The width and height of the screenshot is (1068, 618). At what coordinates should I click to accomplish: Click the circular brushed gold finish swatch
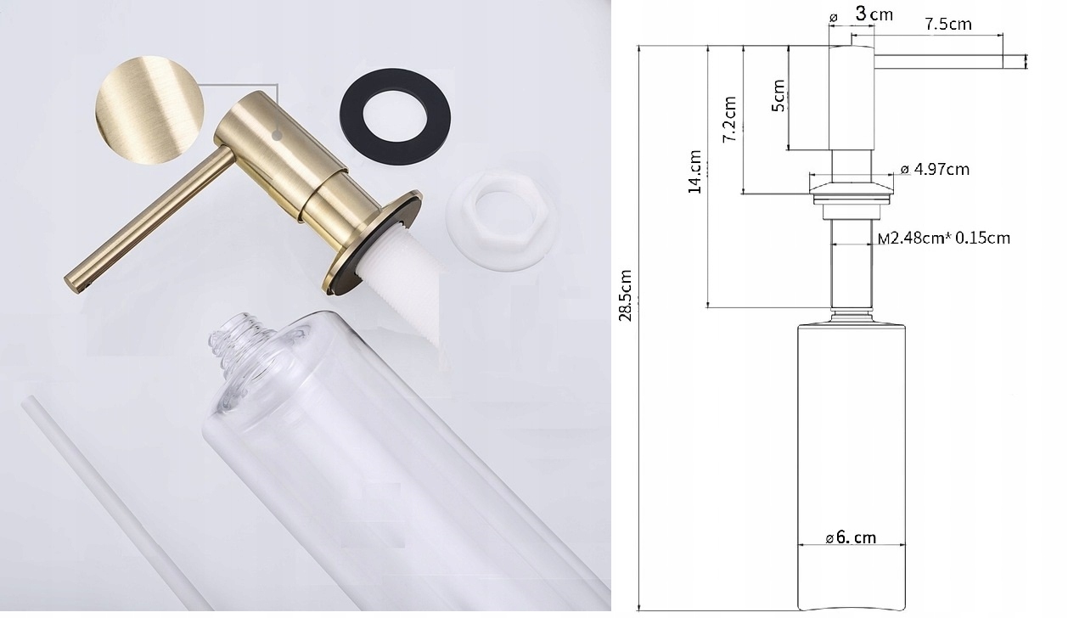click(x=149, y=110)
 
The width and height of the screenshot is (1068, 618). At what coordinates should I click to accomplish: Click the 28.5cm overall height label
click(x=626, y=295)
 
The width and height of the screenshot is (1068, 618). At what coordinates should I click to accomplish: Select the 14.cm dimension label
click(x=694, y=171)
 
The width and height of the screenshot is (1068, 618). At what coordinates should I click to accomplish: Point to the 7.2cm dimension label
click(x=729, y=119)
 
